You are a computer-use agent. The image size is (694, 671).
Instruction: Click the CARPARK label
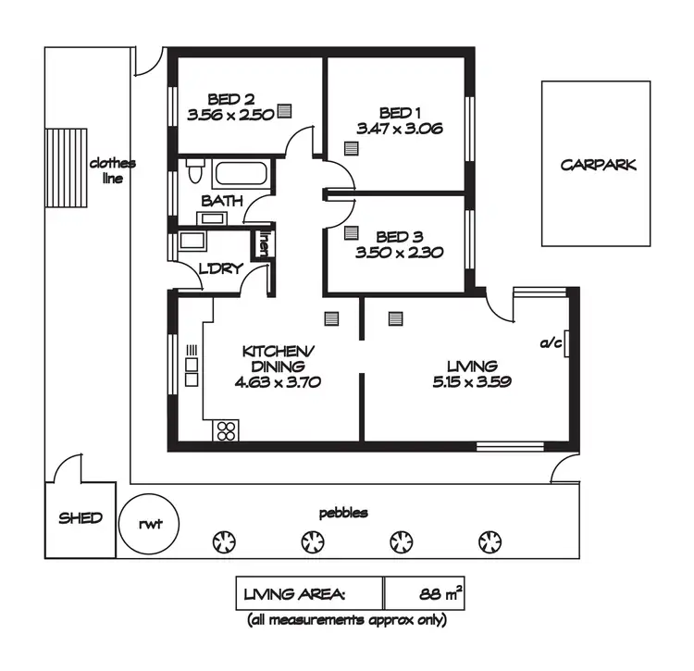(x=599, y=166)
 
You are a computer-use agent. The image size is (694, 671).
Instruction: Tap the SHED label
(x=81, y=518)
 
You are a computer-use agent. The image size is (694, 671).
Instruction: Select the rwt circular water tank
(x=150, y=524)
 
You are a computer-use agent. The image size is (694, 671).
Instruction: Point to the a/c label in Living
(x=551, y=343)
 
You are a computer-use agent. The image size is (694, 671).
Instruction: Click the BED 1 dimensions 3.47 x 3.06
(x=399, y=130)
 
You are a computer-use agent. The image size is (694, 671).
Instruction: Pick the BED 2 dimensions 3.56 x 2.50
(x=230, y=116)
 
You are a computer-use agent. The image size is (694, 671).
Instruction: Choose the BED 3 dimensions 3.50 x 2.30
(x=400, y=252)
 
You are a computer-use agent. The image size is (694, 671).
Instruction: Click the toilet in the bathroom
(x=195, y=172)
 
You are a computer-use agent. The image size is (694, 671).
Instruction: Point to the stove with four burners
(x=227, y=429)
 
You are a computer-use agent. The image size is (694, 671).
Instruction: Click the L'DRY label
(x=221, y=269)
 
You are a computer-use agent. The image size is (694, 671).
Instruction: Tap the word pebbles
(x=343, y=512)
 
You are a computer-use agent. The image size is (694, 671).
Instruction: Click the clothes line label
(x=112, y=170)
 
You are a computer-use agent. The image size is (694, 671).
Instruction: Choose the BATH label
(x=222, y=201)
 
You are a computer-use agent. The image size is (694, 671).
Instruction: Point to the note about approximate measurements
(x=346, y=620)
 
